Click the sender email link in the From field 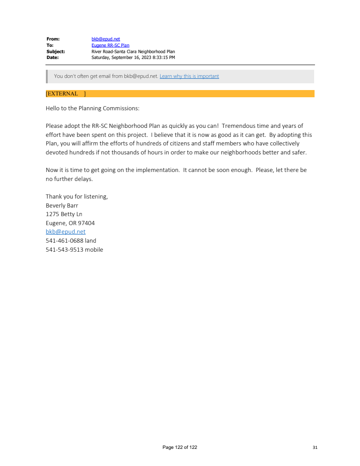tap(106, 39)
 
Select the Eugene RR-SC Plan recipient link tap(110, 45)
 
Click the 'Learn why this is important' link tap(189, 76)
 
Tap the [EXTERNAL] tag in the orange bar tap(65, 94)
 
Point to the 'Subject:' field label tap(56, 52)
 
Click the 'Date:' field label tap(53, 58)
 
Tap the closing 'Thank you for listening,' tap(76, 196)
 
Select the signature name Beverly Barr tap(62, 205)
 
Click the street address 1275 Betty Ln tap(64, 214)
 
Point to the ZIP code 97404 tap(86, 223)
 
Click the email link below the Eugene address tap(65, 231)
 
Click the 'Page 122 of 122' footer tap(180, 447)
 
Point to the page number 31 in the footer tap(315, 447)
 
